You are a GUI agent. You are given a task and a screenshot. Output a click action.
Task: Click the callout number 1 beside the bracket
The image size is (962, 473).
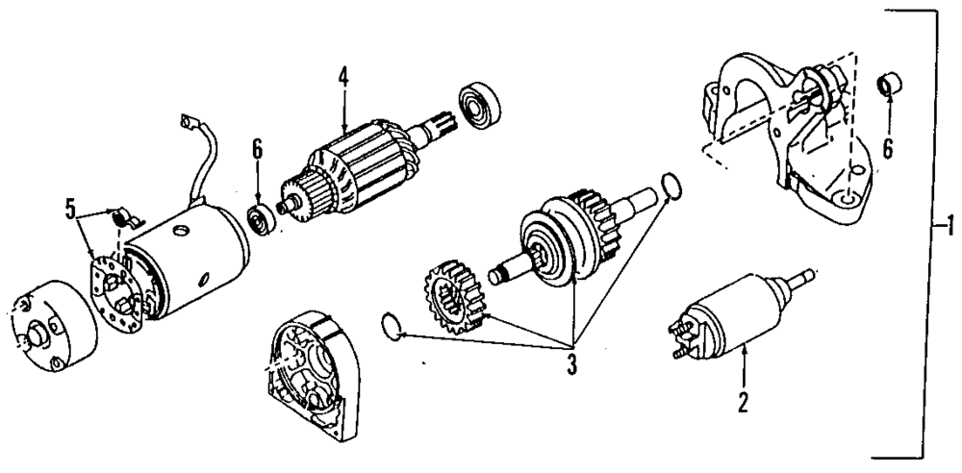(x=949, y=228)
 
